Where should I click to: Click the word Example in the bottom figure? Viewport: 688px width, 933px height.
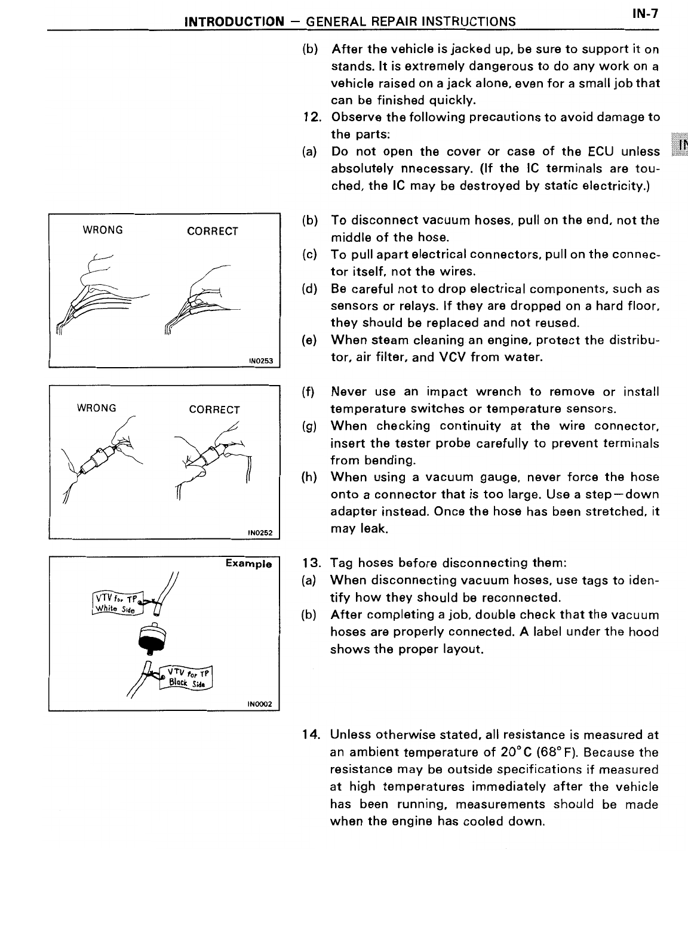pos(248,564)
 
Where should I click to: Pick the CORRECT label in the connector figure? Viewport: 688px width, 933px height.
pos(214,409)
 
